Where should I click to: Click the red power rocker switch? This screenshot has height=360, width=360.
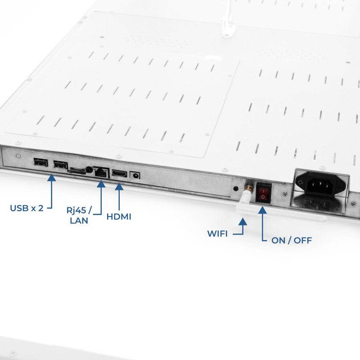[264, 193]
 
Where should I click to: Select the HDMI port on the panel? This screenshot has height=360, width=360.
[119, 174]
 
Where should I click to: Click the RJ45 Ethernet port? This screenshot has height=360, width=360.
[101, 172]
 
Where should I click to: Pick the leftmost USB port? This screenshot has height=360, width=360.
[40, 162]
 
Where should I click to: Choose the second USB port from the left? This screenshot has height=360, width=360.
[60, 164]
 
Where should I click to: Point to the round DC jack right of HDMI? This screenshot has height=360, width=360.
[135, 176]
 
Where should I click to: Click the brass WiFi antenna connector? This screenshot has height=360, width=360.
[249, 189]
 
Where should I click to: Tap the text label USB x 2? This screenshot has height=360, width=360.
[27, 208]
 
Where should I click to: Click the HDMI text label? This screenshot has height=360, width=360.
[119, 217]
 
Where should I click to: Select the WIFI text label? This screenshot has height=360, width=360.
[217, 234]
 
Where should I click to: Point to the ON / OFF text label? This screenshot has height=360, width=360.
[292, 240]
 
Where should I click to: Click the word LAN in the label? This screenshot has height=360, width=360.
[79, 220]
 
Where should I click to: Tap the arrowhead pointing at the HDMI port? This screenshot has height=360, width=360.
[119, 186]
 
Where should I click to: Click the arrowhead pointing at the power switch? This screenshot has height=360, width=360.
[262, 210]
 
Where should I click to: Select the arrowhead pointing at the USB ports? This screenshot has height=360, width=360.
[51, 177]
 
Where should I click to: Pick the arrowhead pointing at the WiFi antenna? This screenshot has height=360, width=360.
[243, 221]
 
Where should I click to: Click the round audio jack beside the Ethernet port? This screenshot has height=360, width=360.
[89, 170]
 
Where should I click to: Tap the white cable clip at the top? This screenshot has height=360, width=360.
[228, 27]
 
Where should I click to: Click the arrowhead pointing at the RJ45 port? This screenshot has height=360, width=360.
[101, 184]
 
